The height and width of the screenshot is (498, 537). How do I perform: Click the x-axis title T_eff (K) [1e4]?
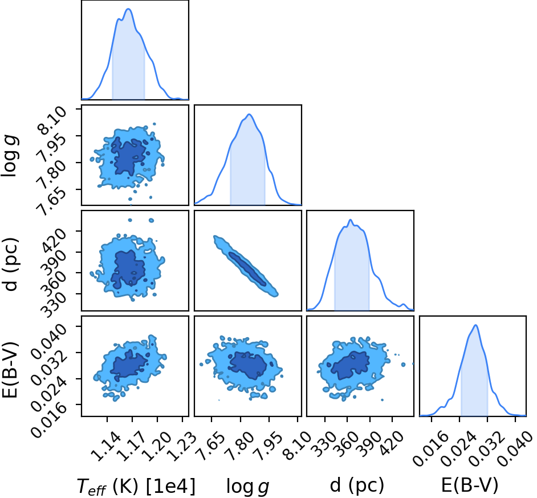(136, 485)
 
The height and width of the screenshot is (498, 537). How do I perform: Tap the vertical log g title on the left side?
(10, 156)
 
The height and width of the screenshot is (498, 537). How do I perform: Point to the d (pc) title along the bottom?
(356, 485)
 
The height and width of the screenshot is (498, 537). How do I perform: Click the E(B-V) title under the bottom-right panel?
(469, 485)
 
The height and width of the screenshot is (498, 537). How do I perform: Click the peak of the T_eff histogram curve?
(128, 9)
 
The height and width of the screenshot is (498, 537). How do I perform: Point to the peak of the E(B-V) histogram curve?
(475, 325)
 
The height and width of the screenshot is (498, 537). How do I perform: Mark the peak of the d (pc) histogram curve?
(350, 220)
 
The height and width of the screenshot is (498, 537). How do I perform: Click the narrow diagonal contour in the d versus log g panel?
(246, 266)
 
